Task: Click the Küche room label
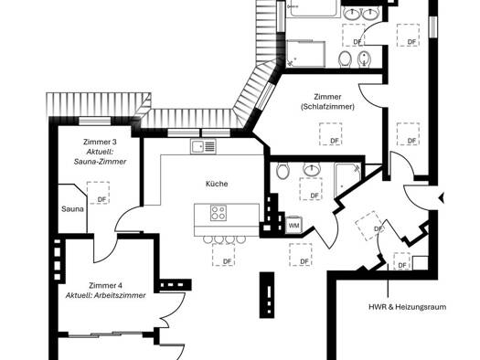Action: (x=217, y=184)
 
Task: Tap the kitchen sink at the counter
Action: (x=203, y=146)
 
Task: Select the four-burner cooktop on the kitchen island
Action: (x=219, y=213)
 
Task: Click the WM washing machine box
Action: (x=293, y=226)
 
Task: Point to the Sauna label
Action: (x=72, y=209)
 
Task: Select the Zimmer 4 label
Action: (x=106, y=285)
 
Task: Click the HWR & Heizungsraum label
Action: (x=407, y=307)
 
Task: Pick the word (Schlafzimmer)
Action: (x=327, y=107)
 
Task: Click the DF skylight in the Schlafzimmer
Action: (x=331, y=134)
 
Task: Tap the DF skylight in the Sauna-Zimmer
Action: (x=98, y=193)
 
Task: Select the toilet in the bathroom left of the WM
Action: (x=283, y=170)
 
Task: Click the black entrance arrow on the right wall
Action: (x=441, y=198)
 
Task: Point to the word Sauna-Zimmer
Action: (x=100, y=162)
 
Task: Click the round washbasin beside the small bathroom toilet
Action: (x=312, y=169)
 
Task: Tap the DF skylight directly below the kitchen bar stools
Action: (x=223, y=255)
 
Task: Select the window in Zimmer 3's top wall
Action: (x=94, y=121)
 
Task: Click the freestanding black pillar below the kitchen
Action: (x=267, y=295)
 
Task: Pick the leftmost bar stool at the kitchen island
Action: (x=208, y=239)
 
